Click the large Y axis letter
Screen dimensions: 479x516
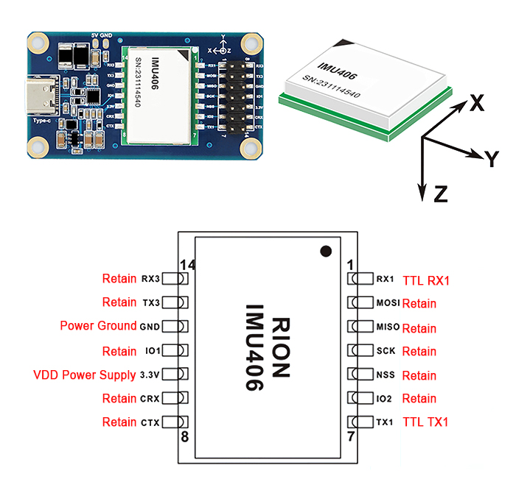point(492,157)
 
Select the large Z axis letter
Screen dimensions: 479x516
point(441,194)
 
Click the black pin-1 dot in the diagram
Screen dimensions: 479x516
point(325,252)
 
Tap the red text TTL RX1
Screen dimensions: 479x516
point(426,280)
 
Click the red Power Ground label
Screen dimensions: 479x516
point(98,326)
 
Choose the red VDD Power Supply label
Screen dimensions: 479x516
point(85,375)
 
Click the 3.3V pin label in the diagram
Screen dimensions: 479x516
point(150,375)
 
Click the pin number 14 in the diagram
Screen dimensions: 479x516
point(187,264)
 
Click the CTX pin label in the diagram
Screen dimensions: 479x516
point(150,422)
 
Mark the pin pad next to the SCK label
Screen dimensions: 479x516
point(363,351)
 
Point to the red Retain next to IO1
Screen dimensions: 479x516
point(119,351)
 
